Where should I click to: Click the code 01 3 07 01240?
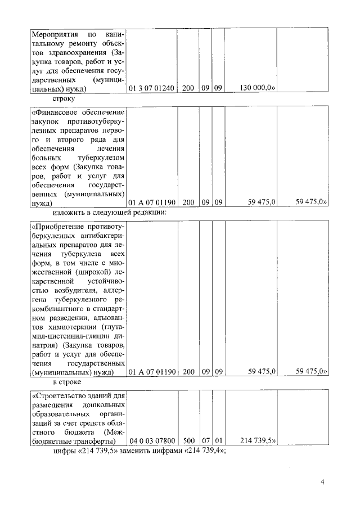tap(152, 88)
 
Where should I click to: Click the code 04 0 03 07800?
tap(152, 442)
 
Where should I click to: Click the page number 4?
tap(323, 482)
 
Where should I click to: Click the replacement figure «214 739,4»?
tap(205, 452)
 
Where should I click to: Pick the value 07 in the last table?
tap(205, 442)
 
